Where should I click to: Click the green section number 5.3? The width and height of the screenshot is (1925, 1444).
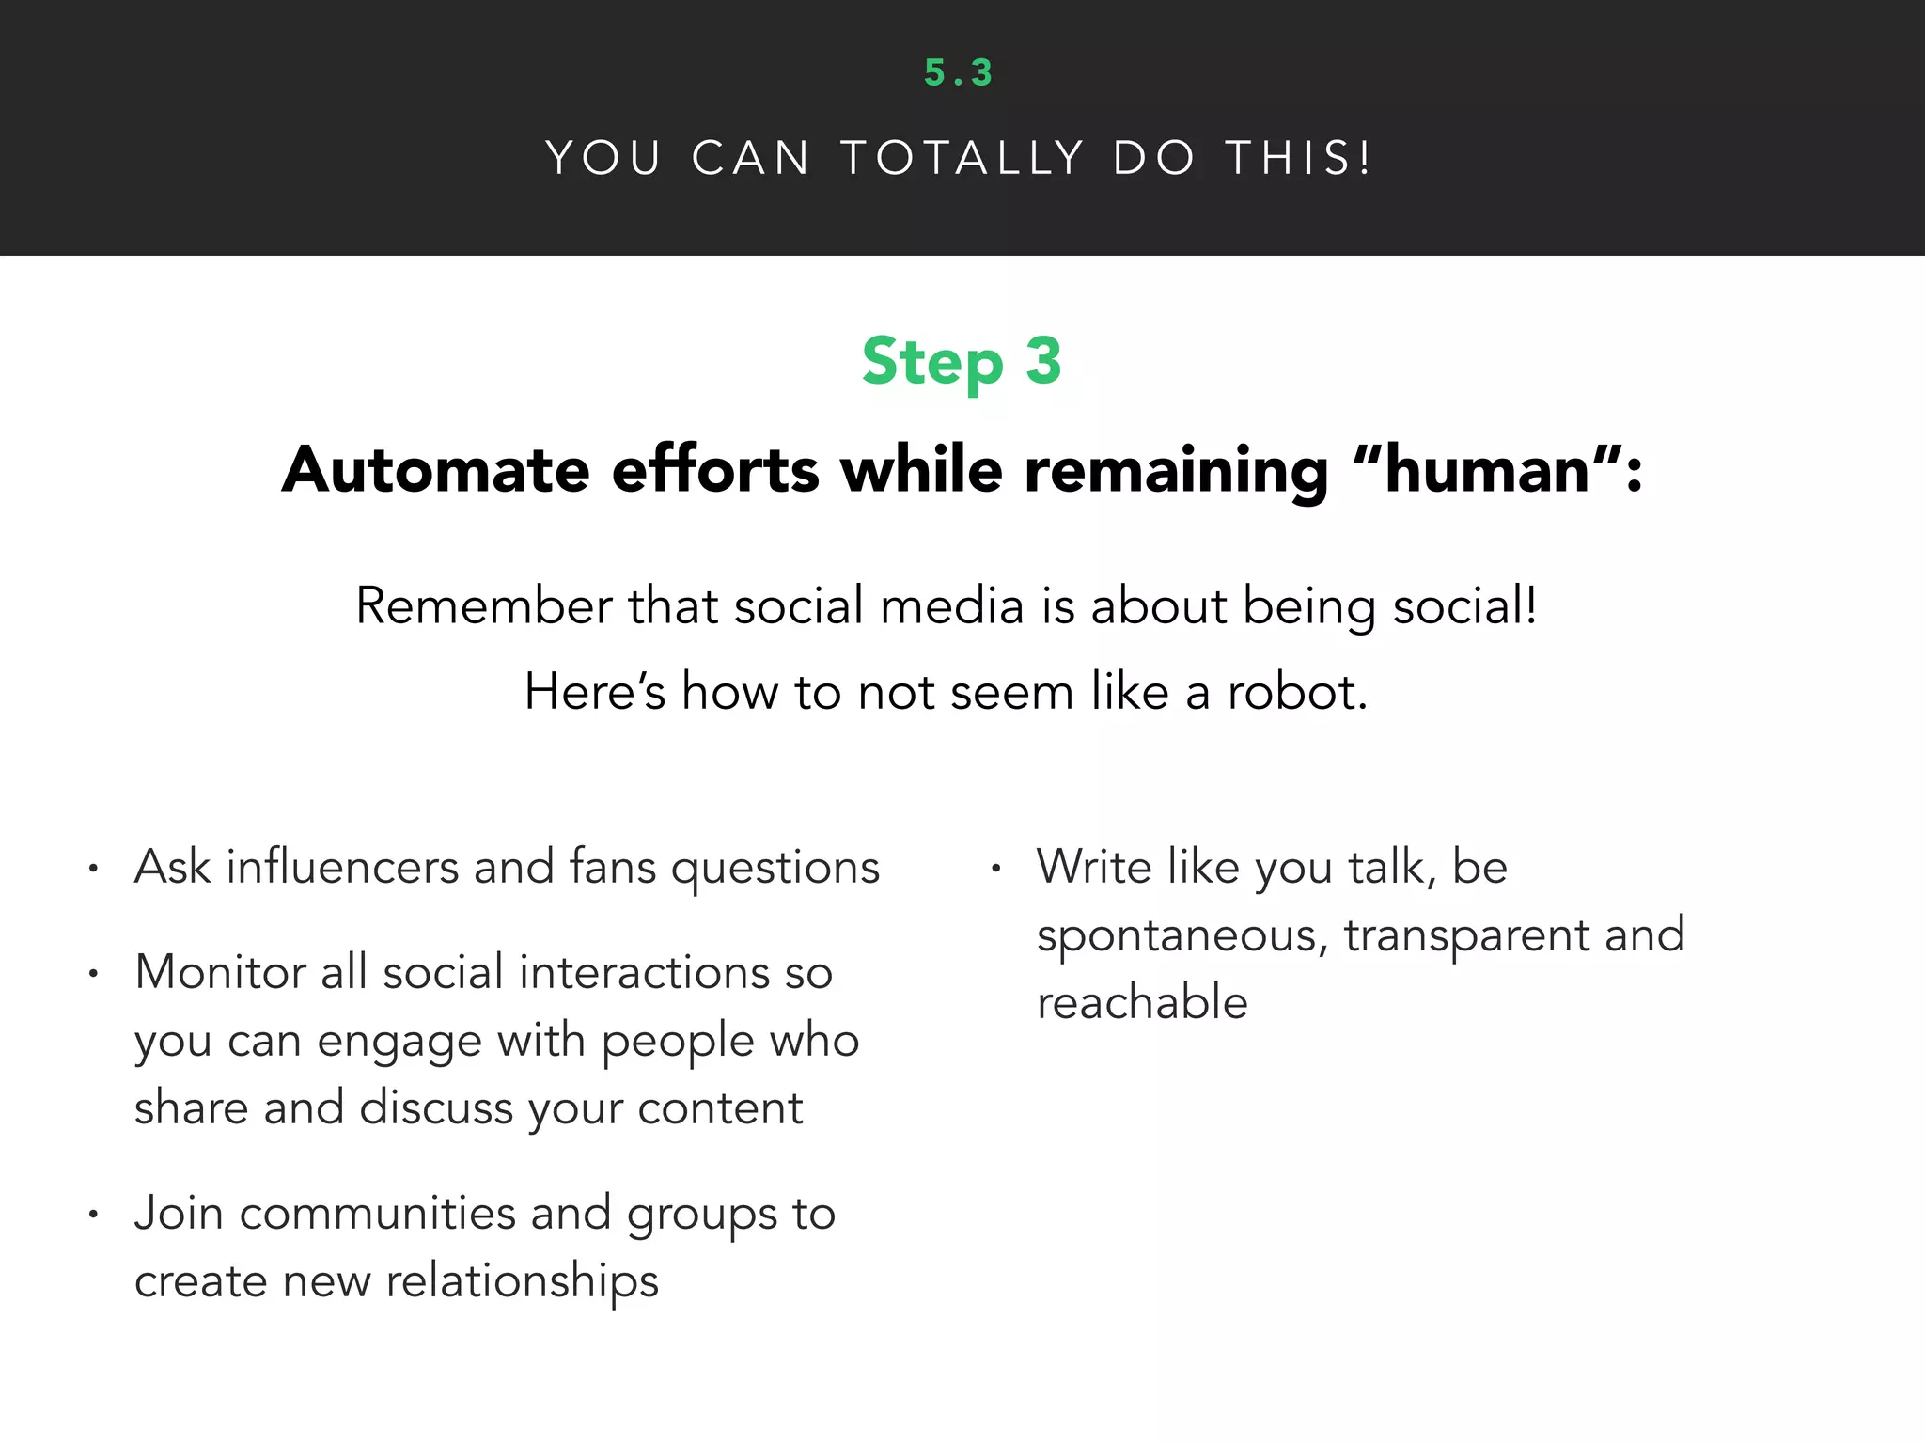coord(958,73)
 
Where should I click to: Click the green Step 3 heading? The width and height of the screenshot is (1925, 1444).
coord(962,362)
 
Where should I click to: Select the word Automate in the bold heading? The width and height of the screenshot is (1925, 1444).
coord(436,469)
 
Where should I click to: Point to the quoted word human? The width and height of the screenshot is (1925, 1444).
coord(1487,469)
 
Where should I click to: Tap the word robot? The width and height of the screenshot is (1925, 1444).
coord(1296,692)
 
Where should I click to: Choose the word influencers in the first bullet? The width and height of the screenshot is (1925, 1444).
coord(342,867)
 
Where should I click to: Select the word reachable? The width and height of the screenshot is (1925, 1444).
coord(1142,1002)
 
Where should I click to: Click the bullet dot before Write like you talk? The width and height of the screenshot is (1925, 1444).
coord(995,869)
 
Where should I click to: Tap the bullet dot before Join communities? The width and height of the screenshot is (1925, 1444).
coord(93,1215)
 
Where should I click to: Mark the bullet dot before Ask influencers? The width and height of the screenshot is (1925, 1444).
coord(93,869)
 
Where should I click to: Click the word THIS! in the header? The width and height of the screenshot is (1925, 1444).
coord(1298,158)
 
